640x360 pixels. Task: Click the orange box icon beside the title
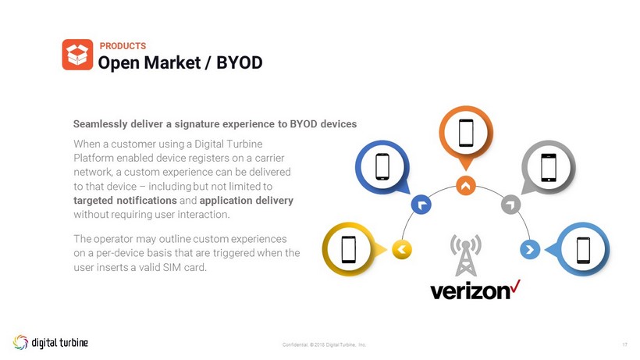[77, 55]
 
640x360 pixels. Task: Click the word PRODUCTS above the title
[123, 46]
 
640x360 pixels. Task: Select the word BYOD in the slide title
[239, 62]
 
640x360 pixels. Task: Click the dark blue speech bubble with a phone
[382, 167]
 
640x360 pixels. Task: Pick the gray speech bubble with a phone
[548, 167]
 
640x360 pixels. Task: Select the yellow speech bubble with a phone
[352, 249]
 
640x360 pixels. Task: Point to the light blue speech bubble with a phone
[580, 249]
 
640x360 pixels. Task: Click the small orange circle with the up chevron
[466, 186]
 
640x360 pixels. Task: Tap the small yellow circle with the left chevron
[402, 249]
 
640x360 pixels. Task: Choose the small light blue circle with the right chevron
[530, 249]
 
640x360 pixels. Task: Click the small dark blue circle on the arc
[421, 205]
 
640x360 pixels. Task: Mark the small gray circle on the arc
[510, 204]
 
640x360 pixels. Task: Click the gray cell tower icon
[466, 255]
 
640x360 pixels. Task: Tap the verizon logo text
[470, 291]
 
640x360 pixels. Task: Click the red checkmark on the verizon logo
[515, 286]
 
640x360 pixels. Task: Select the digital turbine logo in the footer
[50, 342]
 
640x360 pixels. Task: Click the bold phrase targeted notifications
[125, 201]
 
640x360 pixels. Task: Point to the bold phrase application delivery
[247, 201]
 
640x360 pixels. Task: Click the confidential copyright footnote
[325, 345]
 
